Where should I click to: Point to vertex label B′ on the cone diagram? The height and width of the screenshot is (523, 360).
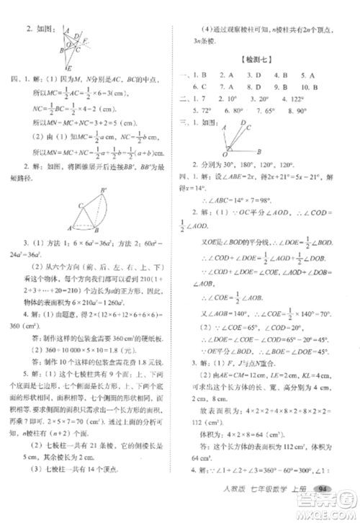(x=104, y=191)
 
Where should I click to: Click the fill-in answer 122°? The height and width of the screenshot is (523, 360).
(x=314, y=99)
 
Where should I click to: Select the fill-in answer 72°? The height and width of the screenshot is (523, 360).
(x=204, y=111)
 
